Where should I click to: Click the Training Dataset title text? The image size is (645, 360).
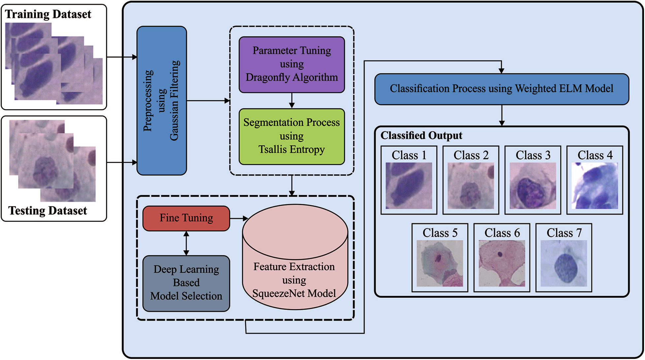point(48,14)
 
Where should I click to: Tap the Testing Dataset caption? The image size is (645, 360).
point(48,211)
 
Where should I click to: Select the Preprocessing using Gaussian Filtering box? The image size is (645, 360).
point(162,101)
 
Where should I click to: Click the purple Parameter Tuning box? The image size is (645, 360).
point(292,64)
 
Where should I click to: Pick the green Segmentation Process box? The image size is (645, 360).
point(292,136)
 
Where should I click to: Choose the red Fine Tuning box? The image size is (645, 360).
point(186,218)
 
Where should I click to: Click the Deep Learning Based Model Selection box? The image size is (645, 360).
point(186,283)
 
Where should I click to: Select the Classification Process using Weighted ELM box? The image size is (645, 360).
point(501,89)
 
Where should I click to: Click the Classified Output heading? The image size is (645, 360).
point(421,136)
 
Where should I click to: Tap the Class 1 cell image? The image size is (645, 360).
point(409,185)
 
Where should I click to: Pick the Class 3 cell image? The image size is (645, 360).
point(532,185)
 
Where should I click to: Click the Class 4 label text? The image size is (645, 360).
point(595,155)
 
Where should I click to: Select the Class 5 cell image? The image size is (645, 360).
point(440,263)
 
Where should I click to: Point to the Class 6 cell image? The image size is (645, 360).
point(501,263)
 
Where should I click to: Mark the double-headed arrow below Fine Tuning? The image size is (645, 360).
point(186,243)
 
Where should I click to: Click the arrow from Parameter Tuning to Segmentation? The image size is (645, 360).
point(292,100)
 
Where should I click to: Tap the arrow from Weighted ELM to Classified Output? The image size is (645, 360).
point(501,115)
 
